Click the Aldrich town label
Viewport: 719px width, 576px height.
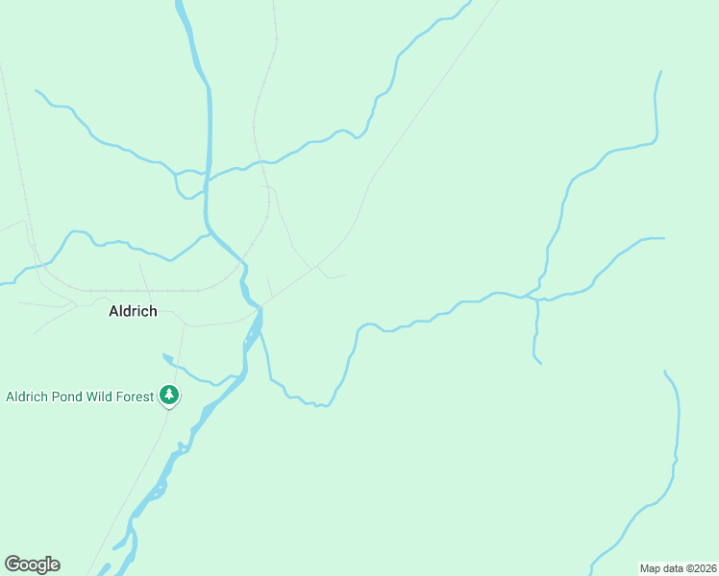pyautogui.click(x=133, y=311)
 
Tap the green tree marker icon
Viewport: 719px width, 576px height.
pyautogui.click(x=169, y=395)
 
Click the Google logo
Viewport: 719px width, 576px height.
pyautogui.click(x=32, y=564)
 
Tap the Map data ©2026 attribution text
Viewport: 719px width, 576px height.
pyautogui.click(x=679, y=567)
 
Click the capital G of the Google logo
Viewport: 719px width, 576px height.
pyautogui.click(x=12, y=564)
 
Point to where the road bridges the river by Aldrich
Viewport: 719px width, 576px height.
pyautogui.click(x=258, y=307)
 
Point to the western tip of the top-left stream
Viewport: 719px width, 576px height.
pyautogui.click(x=37, y=91)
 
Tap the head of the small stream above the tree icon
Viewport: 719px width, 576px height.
pyautogui.click(x=165, y=356)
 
